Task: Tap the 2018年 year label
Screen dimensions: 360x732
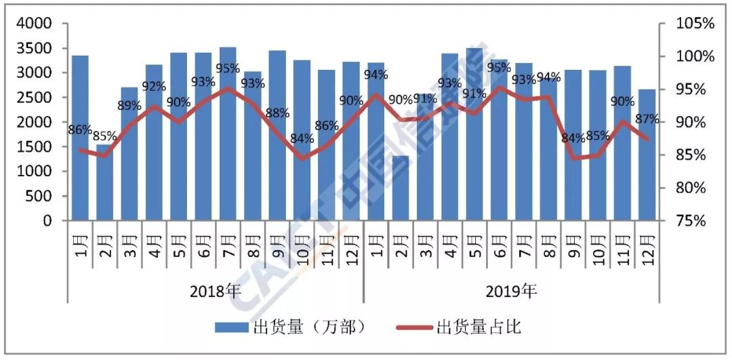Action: click(216, 292)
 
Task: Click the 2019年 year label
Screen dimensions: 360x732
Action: click(512, 292)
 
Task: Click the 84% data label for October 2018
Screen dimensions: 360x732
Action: click(302, 139)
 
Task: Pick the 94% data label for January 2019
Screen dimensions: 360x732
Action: click(375, 75)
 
